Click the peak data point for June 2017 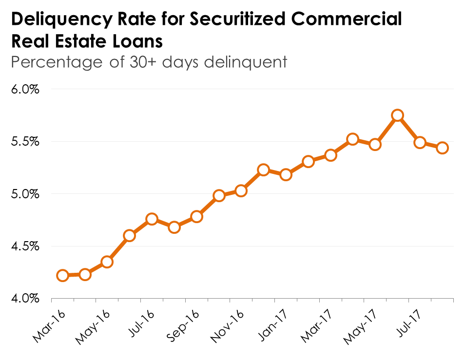click(x=397, y=115)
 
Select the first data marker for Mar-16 click(x=62, y=276)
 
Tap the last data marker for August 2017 click(x=443, y=148)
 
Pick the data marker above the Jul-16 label click(x=152, y=219)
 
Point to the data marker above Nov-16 click(x=241, y=190)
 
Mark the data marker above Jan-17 click(x=286, y=174)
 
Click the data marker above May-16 click(x=107, y=262)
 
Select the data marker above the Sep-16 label click(x=196, y=216)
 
